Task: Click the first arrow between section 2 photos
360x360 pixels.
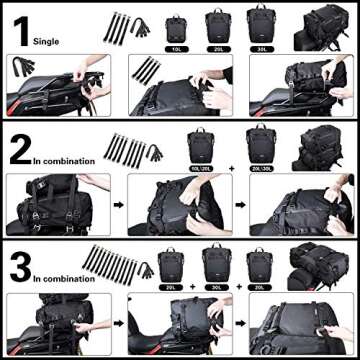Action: click(x=117, y=207)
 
